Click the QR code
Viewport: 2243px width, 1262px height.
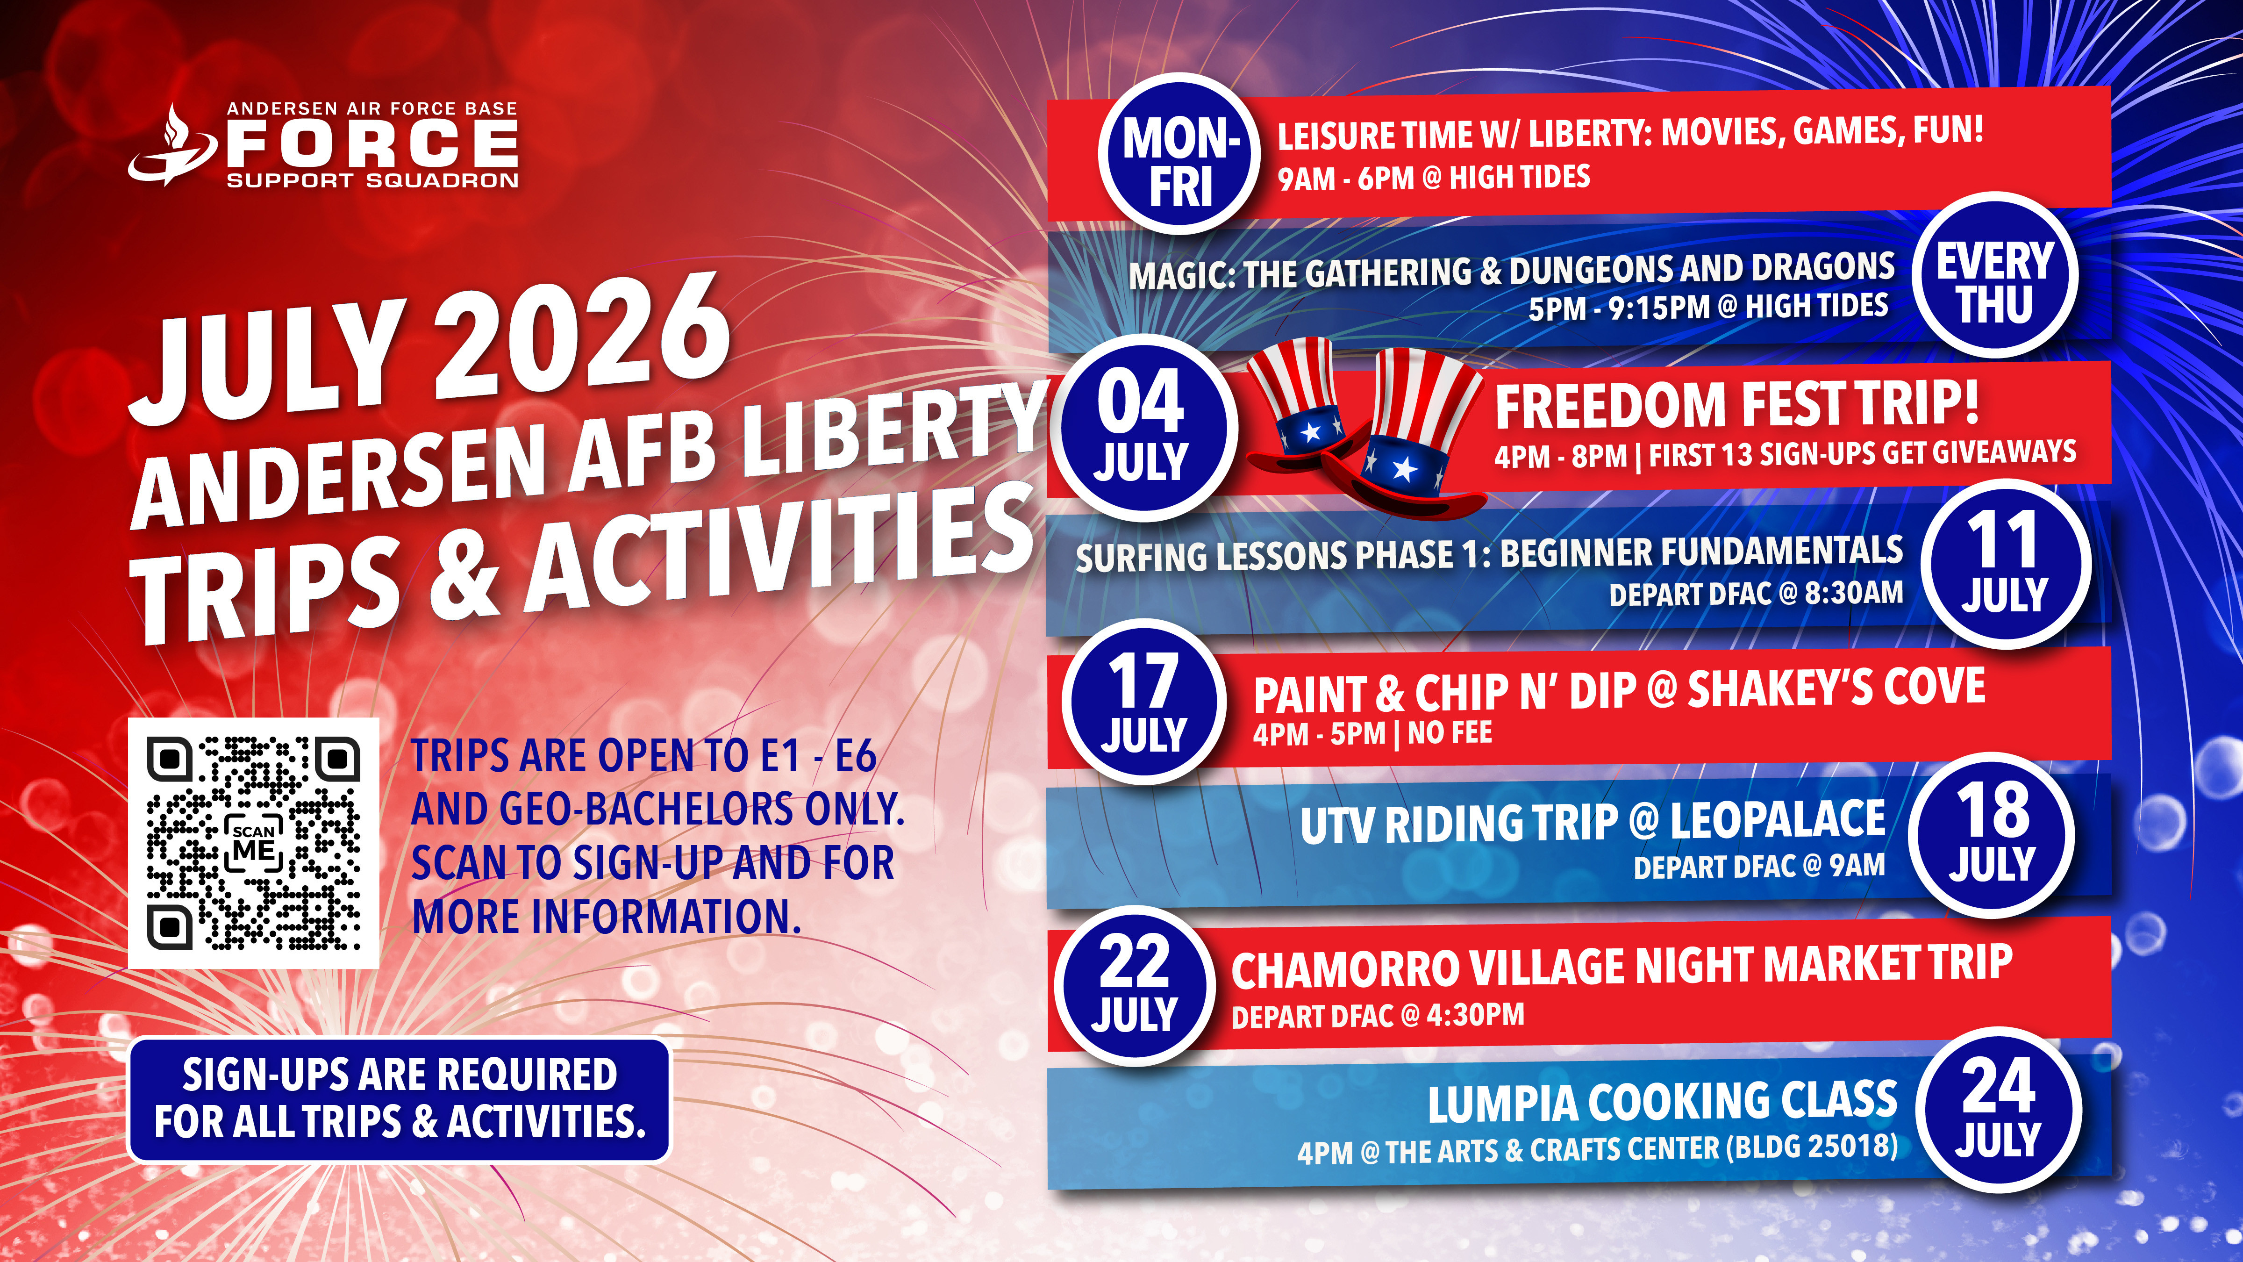click(x=253, y=843)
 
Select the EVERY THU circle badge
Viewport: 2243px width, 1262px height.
click(x=1994, y=274)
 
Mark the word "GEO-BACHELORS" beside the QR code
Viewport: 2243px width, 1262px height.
click(x=645, y=810)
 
